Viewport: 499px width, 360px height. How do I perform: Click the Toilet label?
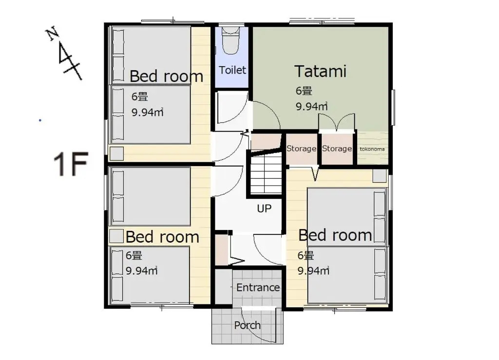coord(232,70)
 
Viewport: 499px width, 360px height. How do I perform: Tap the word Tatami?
coord(321,71)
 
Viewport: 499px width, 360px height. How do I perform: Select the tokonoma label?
coord(372,149)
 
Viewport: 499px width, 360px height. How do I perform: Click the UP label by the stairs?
coord(264,208)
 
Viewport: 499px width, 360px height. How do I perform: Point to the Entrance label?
coord(258,287)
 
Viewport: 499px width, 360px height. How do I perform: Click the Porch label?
coord(247,325)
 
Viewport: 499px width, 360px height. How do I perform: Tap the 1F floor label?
coord(71,164)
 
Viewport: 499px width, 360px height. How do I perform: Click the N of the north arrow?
coord(52,34)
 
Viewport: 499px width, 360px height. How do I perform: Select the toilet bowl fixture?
coord(230,40)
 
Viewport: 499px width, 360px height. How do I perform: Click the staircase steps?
coord(266,173)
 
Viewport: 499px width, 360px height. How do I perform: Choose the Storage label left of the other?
coord(301,149)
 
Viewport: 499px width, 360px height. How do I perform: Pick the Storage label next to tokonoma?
coord(337,149)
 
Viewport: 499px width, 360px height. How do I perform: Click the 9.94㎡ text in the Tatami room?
coord(311,107)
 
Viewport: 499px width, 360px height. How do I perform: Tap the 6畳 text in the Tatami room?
coord(304,91)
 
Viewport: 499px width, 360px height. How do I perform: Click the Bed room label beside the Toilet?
coord(166,76)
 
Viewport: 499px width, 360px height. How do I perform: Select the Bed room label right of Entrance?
coord(335,235)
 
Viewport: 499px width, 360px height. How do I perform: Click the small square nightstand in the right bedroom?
coord(379,176)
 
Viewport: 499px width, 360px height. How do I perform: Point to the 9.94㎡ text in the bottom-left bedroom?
coord(142,271)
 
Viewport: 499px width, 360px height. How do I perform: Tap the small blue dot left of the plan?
coord(40,120)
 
